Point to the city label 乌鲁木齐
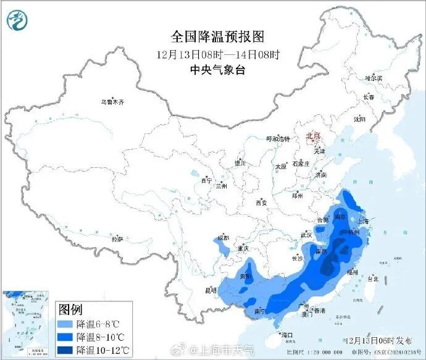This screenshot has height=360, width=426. (112, 102)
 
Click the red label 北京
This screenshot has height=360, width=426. (314, 136)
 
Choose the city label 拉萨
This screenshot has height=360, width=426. (117, 238)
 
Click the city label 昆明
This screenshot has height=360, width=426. (211, 290)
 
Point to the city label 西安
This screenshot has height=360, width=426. (261, 203)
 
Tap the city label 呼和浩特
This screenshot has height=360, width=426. (277, 139)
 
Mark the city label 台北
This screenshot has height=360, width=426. (372, 278)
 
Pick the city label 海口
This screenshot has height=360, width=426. (286, 335)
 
